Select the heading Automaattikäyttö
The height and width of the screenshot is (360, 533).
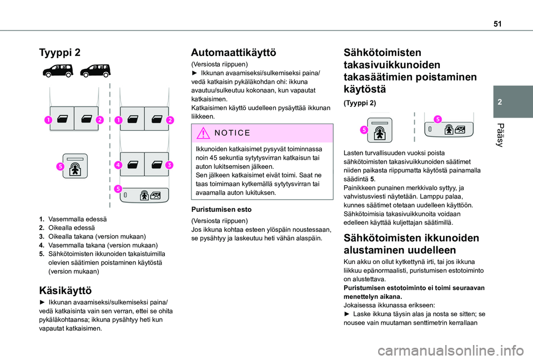[233, 52]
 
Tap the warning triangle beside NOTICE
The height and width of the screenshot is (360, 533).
[200, 133]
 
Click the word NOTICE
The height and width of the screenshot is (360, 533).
[229, 133]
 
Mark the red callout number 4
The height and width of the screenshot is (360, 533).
[118, 165]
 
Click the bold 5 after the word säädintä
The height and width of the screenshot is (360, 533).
[371, 179]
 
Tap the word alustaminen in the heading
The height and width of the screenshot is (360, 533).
[376, 250]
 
